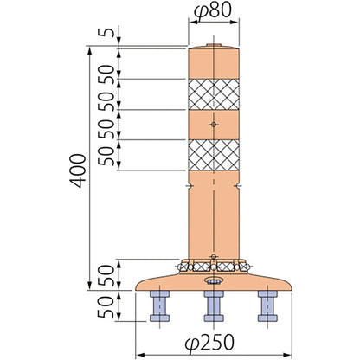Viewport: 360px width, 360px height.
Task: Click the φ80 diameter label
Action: click(213, 11)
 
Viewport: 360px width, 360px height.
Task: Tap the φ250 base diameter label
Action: click(209, 343)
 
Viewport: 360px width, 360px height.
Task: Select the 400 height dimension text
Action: click(78, 171)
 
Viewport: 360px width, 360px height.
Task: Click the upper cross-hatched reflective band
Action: click(214, 94)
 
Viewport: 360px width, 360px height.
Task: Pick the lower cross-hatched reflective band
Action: click(214, 155)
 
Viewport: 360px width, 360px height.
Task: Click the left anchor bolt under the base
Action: click(159, 306)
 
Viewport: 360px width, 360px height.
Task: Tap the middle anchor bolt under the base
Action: click(214, 306)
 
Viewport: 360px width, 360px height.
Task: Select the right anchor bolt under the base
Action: click(267, 306)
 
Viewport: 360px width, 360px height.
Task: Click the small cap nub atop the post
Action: click(214, 45)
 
